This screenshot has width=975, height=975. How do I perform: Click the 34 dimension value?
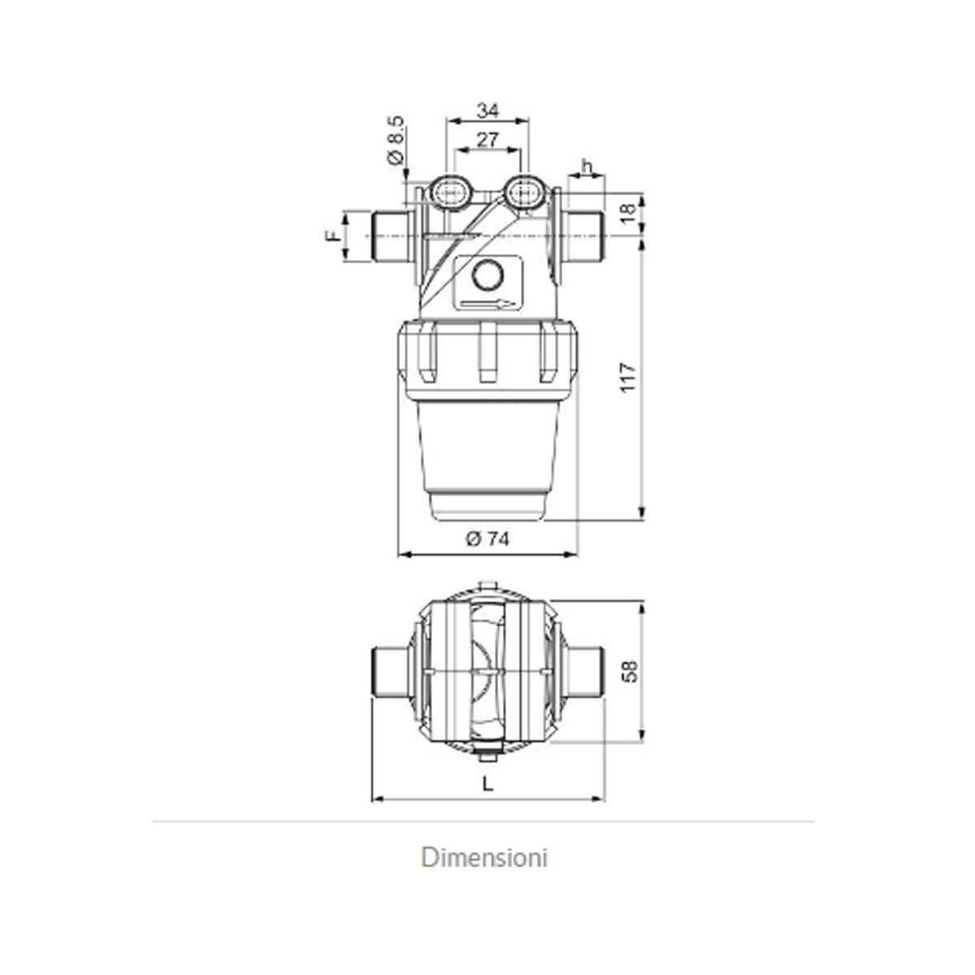[487, 110]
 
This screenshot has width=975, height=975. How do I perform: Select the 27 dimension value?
[487, 140]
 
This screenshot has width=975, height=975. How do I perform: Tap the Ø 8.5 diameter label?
[396, 141]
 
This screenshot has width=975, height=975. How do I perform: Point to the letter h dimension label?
[587, 166]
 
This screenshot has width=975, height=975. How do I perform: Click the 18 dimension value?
[627, 213]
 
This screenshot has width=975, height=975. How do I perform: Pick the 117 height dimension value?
[627, 378]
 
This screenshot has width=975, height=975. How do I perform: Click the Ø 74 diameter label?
[487, 539]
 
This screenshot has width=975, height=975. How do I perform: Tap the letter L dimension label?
[487, 784]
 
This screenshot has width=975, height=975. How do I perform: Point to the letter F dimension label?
[332, 236]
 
